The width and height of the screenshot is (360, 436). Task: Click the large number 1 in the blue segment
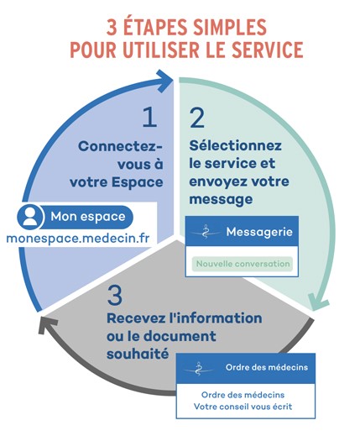tap(149, 118)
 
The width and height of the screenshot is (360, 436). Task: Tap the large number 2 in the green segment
tap(197, 118)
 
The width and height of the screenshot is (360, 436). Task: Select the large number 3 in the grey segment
tap(115, 296)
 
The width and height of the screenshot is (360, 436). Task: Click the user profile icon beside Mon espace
tap(30, 217)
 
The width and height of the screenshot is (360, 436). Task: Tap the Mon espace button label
tap(88, 217)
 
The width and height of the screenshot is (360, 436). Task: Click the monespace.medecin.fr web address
tap(78, 239)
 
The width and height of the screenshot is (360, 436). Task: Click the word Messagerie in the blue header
tap(259, 232)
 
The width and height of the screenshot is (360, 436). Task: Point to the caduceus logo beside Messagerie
tap(206, 232)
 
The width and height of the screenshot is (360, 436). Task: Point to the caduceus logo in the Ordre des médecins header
tap(198, 369)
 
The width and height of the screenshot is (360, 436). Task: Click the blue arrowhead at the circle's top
tap(165, 81)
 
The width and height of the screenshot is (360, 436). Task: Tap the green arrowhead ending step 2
tap(317, 302)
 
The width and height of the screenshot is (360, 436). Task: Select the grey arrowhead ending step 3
tap(47, 325)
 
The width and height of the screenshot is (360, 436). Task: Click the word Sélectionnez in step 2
tap(235, 145)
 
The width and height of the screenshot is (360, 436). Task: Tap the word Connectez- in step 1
tap(121, 146)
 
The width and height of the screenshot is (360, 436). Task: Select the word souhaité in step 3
tap(138, 354)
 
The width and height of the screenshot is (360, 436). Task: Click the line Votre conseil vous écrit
tap(243, 407)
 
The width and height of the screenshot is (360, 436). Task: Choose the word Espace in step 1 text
tap(138, 182)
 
